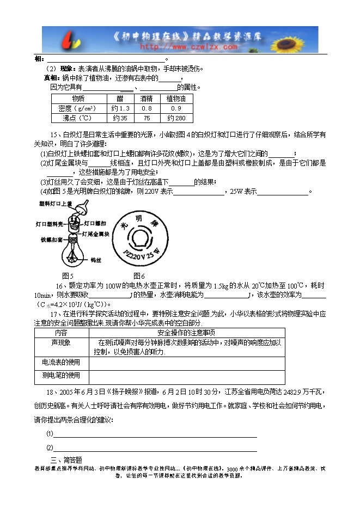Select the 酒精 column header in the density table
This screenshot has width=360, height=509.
pyautogui.click(x=146, y=99)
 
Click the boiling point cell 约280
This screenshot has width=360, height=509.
pyautogui.click(x=176, y=118)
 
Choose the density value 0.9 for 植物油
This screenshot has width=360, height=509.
pyautogui.click(x=176, y=108)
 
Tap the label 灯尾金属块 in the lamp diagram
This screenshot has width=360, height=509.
pyautogui.click(x=96, y=234)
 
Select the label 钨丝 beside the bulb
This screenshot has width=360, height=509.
pyautogui.click(x=96, y=260)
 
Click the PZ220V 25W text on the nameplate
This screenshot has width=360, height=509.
pyautogui.click(x=141, y=253)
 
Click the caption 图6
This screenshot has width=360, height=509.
pyautogui.click(x=139, y=275)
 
